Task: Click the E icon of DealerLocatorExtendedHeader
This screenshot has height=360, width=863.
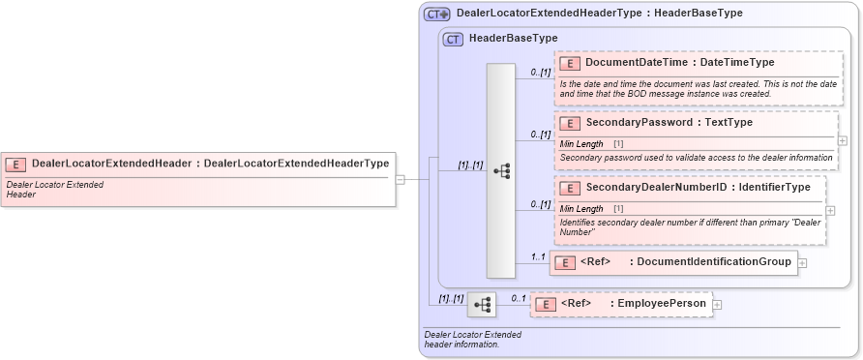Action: tap(15, 164)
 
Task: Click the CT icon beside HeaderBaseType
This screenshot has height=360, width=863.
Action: tap(453, 40)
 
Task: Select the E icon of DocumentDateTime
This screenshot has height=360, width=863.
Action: tap(570, 63)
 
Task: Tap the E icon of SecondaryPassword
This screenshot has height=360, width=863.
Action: tap(570, 123)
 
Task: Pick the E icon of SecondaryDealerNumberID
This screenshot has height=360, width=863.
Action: tap(570, 187)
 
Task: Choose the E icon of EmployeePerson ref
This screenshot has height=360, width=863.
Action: tap(545, 304)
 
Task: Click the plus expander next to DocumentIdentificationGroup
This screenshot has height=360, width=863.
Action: tap(803, 262)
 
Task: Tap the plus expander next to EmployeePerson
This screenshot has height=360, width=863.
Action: tap(718, 304)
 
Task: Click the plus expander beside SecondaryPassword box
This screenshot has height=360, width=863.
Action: tap(843, 140)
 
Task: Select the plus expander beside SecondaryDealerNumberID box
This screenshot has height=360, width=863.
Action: tap(831, 210)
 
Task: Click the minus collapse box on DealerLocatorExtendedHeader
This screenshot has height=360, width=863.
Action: tap(401, 179)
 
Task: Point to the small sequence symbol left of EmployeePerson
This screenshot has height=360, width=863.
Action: tap(482, 305)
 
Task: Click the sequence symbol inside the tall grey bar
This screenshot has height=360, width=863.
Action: tap(501, 171)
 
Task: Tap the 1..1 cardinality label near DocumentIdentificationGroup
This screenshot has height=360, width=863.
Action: tap(536, 256)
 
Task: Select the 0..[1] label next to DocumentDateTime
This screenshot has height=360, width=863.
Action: tap(540, 73)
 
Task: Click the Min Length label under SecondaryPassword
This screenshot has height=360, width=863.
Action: tap(581, 143)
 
